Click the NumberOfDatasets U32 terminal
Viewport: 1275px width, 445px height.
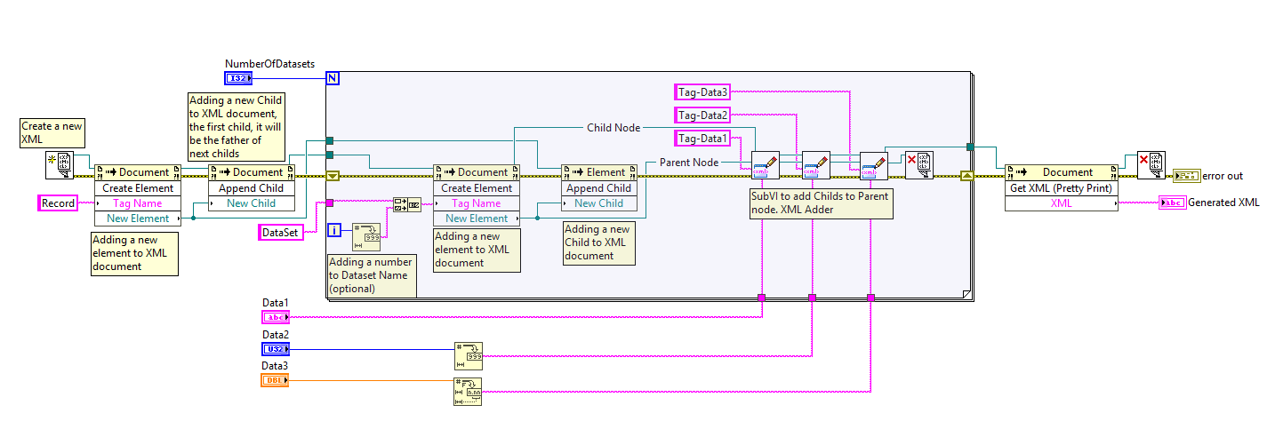[x=237, y=78]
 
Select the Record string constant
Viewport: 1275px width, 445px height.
[x=59, y=203]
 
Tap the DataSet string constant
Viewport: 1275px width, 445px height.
[x=280, y=233]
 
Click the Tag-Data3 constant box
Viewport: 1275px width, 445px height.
[x=702, y=91]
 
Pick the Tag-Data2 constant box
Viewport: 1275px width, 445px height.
[x=702, y=115]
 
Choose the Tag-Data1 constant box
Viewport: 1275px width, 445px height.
[x=702, y=138]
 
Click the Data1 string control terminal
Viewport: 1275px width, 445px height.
[x=275, y=316]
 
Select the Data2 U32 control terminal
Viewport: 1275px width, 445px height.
[x=275, y=348]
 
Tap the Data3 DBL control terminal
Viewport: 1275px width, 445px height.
[x=275, y=379]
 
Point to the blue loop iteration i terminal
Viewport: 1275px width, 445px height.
[x=334, y=231]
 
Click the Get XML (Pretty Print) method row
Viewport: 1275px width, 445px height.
[x=1062, y=187]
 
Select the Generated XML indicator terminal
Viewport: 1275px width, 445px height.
[x=1173, y=203]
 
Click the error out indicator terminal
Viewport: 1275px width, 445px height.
[x=1186, y=175]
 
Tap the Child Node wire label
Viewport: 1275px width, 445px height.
[x=613, y=128]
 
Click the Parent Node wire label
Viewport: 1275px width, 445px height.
[x=688, y=163]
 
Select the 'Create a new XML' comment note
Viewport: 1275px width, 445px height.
[x=52, y=132]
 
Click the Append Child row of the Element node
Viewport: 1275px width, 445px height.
[x=598, y=187]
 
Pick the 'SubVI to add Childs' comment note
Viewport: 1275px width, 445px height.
[x=820, y=203]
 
